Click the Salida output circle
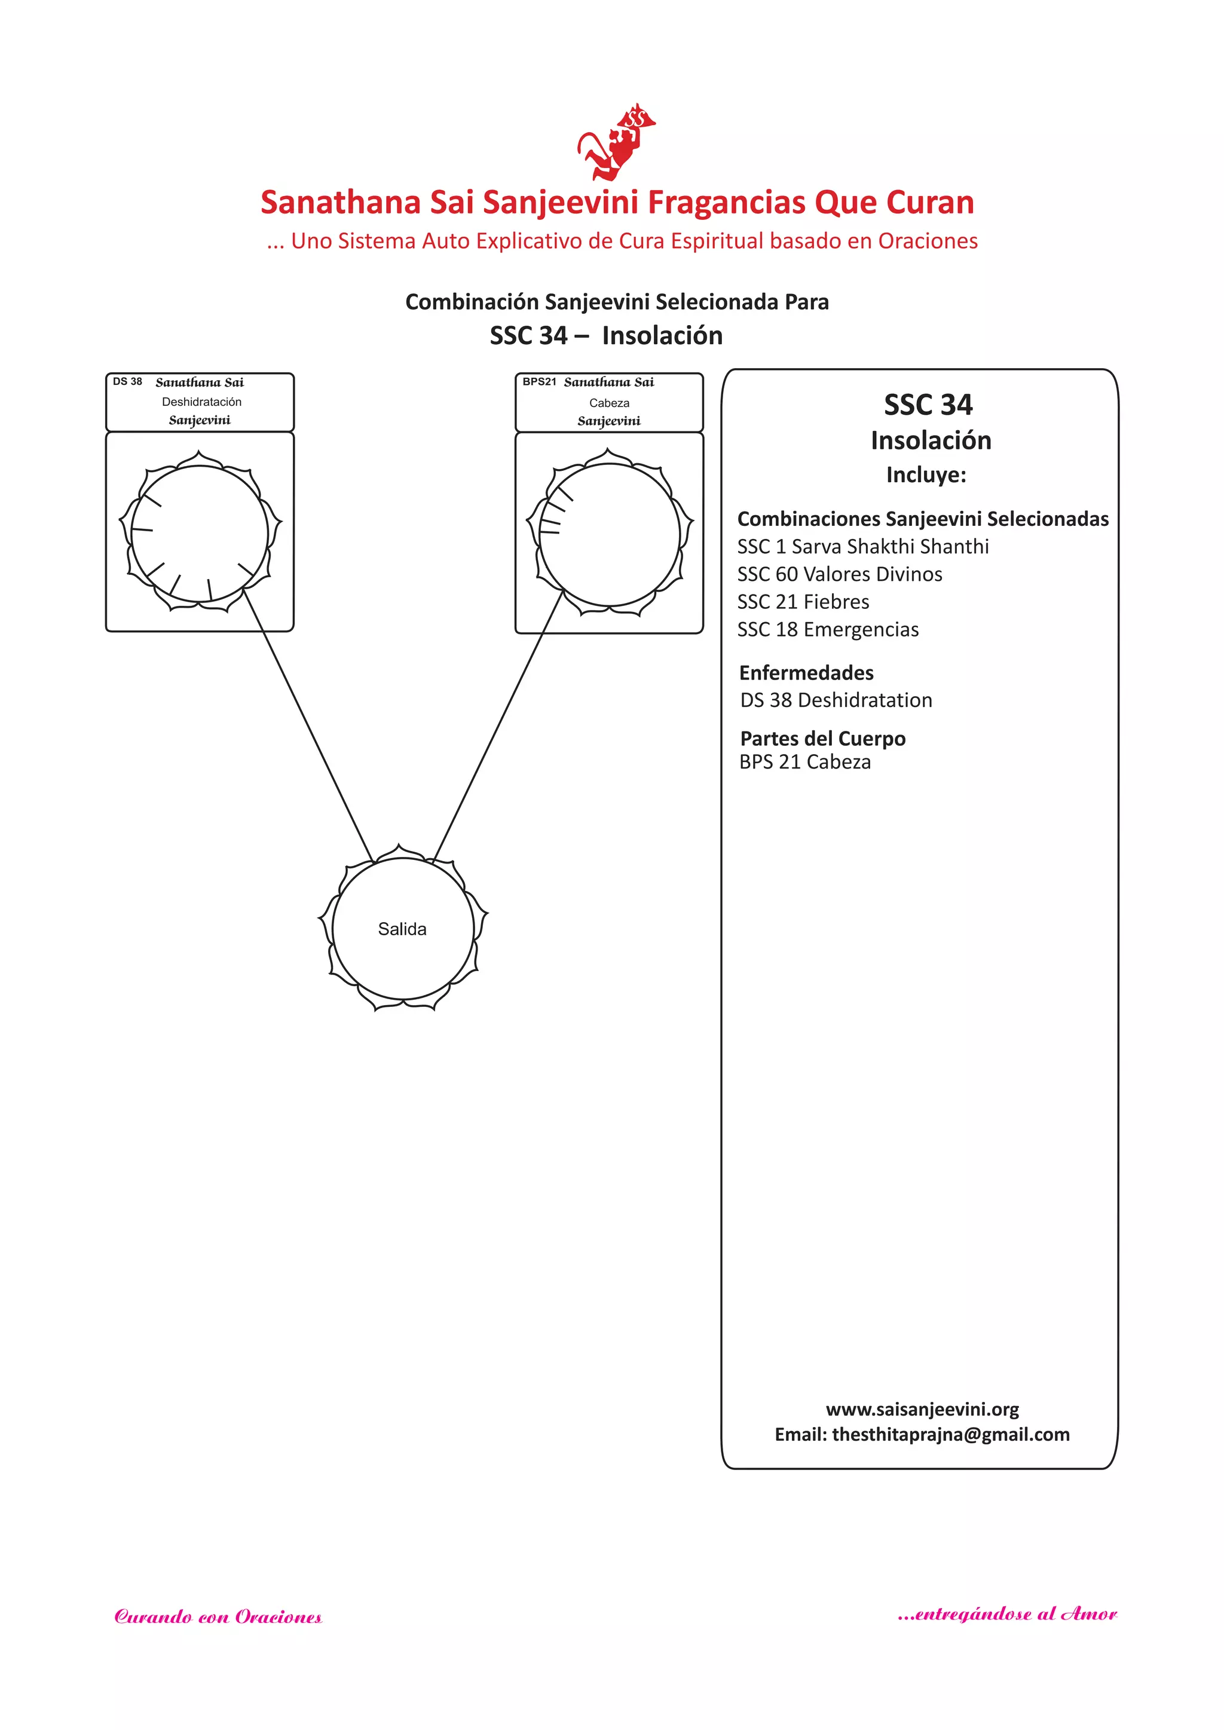[402, 928]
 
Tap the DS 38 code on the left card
[127, 381]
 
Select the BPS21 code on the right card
[539, 381]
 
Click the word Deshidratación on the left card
[201, 402]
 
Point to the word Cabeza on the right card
[609, 403]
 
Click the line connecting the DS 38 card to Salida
[309, 728]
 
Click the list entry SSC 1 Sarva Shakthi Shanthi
[863, 546]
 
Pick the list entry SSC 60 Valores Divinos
[840, 574]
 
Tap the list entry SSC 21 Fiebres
[803, 601]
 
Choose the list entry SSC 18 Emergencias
[828, 629]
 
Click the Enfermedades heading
[806, 672]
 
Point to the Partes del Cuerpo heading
[822, 739]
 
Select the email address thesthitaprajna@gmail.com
[950, 1434]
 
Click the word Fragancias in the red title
[727, 202]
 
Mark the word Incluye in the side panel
[926, 474]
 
